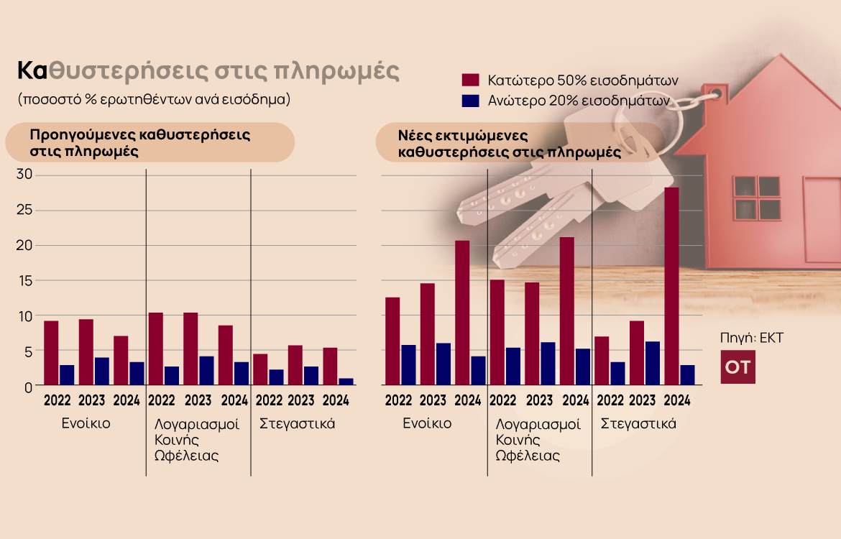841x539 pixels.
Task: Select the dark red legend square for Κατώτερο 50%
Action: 471,80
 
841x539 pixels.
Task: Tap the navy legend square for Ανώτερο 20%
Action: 471,101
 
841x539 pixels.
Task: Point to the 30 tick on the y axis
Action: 24,175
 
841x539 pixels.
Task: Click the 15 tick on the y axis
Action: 24,280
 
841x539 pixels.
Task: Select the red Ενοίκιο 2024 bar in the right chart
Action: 462,313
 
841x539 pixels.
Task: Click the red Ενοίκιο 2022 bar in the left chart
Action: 51,353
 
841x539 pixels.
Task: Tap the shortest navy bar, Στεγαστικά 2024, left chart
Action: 346,382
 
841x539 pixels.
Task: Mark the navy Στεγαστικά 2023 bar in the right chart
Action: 652,364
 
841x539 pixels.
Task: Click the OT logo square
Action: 737,367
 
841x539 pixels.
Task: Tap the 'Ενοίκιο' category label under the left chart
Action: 86,423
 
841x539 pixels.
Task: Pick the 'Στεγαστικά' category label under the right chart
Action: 638,423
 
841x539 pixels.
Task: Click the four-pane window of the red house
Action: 757,198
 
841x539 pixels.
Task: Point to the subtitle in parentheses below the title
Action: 155,99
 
